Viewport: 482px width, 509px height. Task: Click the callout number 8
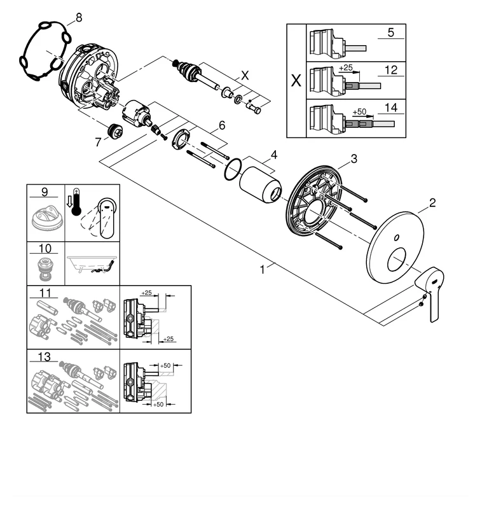(78, 17)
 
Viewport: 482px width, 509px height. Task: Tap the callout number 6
(221, 126)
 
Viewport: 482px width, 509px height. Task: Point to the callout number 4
(273, 155)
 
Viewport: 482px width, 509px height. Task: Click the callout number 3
(354, 157)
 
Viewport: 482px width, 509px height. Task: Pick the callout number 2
(432, 203)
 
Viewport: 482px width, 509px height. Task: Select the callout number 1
(262, 270)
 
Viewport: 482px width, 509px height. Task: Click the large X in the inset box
(296, 81)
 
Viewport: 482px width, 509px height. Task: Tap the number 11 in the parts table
(44, 294)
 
